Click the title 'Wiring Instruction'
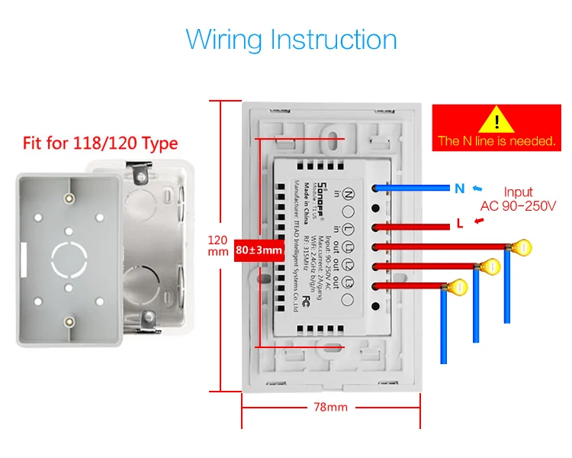coord(291,40)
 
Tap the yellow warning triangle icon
coord(496,121)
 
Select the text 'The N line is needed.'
coord(496,141)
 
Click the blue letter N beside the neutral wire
coord(459,189)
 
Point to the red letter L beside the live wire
coord(460,224)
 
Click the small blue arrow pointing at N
coord(477,188)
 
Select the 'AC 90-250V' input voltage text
coord(519,206)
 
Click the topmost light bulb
coord(521,247)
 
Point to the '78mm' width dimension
coord(331,407)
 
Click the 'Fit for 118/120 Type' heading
coord(100,143)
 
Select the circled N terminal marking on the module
coord(349,194)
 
